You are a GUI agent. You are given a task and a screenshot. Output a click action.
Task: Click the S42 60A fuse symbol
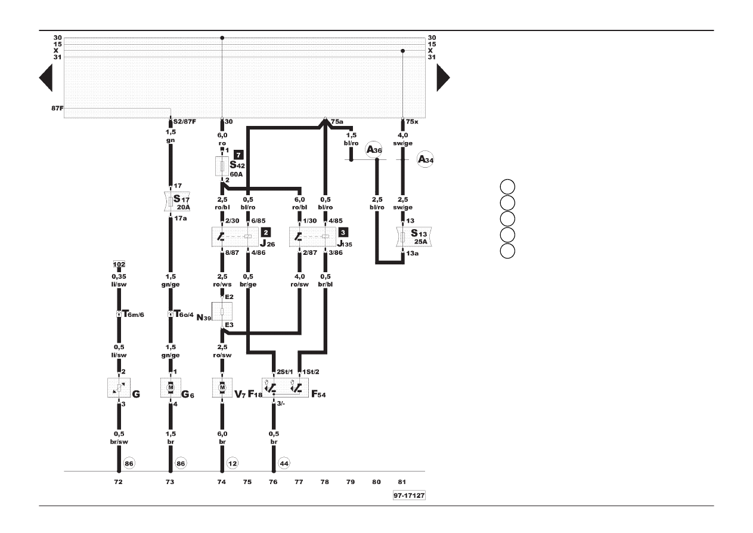(x=222, y=166)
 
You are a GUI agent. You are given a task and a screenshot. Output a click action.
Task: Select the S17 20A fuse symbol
(x=177, y=202)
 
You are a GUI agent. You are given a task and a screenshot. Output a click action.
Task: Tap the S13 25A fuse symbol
(x=414, y=236)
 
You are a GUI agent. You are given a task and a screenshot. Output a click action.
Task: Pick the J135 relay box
(x=312, y=237)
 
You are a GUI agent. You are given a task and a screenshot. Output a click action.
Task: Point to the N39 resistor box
(x=222, y=311)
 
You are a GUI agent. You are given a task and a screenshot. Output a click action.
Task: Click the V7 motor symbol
(x=222, y=387)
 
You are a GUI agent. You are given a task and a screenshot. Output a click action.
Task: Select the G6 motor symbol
(x=171, y=387)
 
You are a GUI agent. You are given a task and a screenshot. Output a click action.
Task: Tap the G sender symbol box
(x=119, y=387)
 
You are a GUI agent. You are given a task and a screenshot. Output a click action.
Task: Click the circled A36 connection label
(x=374, y=150)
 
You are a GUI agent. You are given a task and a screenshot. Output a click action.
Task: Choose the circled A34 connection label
(x=425, y=159)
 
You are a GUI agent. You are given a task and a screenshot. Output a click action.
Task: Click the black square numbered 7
(x=238, y=155)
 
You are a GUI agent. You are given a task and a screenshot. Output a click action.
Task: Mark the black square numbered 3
(x=343, y=232)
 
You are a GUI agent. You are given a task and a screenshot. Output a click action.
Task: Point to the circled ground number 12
(x=233, y=463)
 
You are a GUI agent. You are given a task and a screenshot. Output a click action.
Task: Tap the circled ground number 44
(x=284, y=463)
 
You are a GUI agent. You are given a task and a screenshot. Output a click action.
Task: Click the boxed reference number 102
(x=119, y=264)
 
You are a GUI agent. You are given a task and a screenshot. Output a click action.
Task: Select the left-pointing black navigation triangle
(x=46, y=78)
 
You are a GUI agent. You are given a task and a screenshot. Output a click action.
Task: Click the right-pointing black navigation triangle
(x=444, y=78)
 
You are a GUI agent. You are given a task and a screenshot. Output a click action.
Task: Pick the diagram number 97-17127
(x=409, y=495)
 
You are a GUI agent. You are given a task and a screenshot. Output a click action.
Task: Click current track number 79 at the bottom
(x=351, y=482)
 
